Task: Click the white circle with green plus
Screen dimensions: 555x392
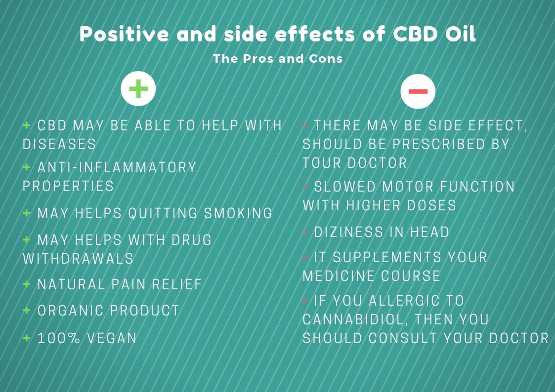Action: point(138,89)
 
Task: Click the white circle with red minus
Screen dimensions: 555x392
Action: point(418,91)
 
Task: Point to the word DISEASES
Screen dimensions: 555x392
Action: point(59,144)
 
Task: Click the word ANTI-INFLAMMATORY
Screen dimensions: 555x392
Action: point(117,167)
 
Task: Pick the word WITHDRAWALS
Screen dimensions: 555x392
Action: point(78,259)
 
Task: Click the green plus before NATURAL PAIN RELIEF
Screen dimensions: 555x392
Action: point(27,284)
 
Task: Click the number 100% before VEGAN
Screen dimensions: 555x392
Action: point(59,338)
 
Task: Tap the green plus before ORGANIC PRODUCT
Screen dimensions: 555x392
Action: point(27,311)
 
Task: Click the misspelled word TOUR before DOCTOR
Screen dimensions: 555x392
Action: point(322,163)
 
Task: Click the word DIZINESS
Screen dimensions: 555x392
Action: point(348,232)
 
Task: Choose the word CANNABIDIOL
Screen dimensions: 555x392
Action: point(353,319)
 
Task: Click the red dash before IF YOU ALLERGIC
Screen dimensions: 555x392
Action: point(305,301)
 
